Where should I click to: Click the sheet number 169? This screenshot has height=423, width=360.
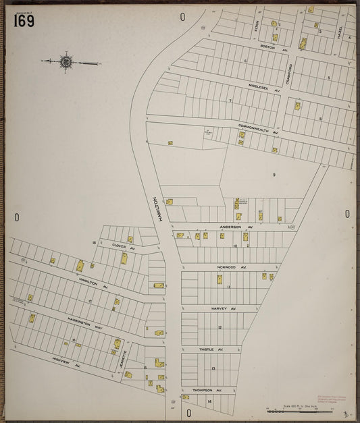pyautogui.click(x=23, y=21)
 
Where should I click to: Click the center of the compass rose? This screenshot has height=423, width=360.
pyautogui.click(x=66, y=62)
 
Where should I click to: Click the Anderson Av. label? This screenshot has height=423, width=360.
pyautogui.click(x=236, y=227)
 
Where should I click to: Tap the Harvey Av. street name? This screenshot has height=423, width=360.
pyautogui.click(x=224, y=308)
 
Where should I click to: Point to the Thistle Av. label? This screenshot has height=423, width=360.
pyautogui.click(x=211, y=349)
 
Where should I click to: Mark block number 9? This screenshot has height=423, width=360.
pyautogui.click(x=274, y=175)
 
